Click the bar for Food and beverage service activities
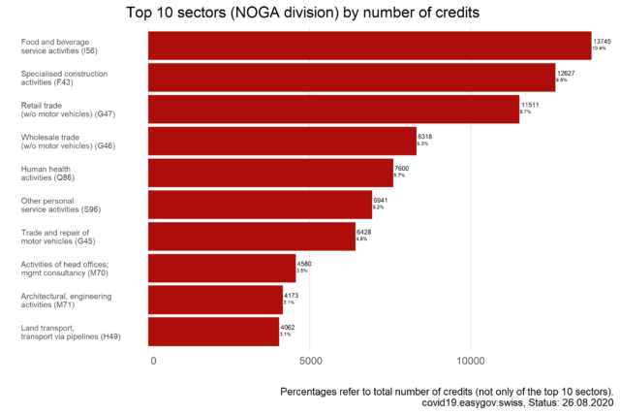click(x=369, y=46)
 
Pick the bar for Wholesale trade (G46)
click(x=282, y=142)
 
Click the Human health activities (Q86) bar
click(x=270, y=173)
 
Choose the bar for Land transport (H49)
click(x=213, y=332)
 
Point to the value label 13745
click(x=603, y=41)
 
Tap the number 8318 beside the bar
click(x=424, y=137)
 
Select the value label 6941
click(x=381, y=200)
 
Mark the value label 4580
click(x=304, y=264)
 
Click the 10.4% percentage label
click(x=600, y=48)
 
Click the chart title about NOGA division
click(x=310, y=13)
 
